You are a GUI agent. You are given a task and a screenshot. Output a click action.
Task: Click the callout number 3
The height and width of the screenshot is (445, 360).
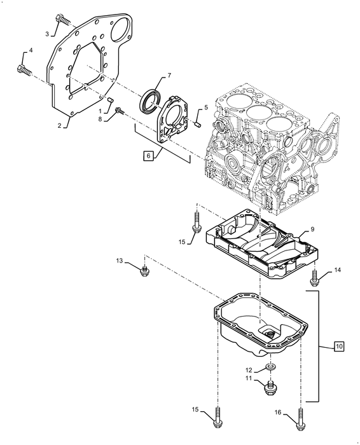coord(47,33)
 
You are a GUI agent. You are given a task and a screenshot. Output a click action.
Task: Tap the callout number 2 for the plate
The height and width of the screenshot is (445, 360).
coord(59,126)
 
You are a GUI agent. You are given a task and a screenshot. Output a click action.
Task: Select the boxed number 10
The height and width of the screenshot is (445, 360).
coord(338,346)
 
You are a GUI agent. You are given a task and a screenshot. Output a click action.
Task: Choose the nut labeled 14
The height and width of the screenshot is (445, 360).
coord(314,277)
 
